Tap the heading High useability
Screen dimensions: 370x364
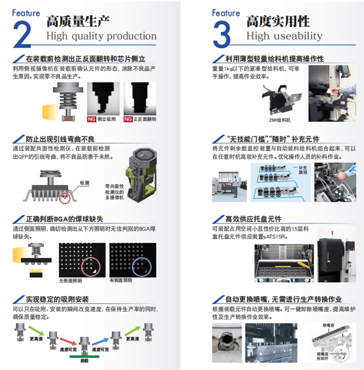(284, 36)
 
